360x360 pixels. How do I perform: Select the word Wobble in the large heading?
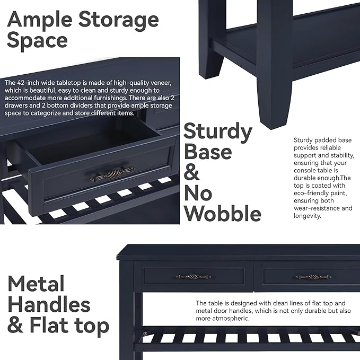[x=222, y=213]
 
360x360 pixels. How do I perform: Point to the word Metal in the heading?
[x=36, y=284]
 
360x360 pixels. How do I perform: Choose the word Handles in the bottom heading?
[x=49, y=305]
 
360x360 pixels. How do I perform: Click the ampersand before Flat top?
[x=15, y=326]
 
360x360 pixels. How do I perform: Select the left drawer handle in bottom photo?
[x=193, y=276]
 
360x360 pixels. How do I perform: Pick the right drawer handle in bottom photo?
[x=313, y=276]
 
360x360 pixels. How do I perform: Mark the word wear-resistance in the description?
[x=318, y=208]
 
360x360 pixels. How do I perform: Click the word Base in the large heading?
[x=207, y=151]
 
